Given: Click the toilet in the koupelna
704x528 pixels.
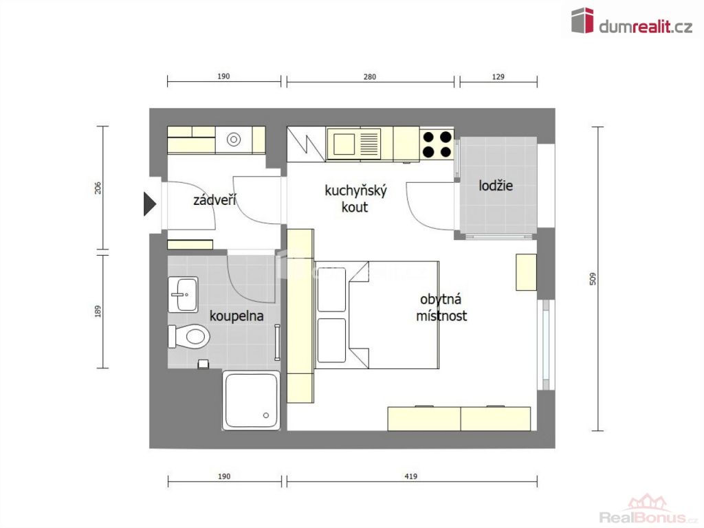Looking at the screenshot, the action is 190,336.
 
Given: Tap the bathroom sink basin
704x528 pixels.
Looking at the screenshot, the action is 183,294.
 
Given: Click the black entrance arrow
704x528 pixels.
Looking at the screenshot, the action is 149,203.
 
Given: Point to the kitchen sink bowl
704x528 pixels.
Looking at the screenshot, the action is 344,144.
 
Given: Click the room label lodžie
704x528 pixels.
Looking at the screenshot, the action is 496,186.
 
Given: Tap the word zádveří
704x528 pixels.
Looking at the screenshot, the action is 214,200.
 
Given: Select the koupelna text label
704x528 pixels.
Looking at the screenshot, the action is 236,316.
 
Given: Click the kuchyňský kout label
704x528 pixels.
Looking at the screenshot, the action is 355,199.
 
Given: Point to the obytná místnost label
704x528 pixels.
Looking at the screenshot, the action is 441,307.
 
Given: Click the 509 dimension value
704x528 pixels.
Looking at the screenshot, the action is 593,279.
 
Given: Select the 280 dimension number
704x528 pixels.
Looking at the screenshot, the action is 369,77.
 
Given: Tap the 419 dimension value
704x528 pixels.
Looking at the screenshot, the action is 411,476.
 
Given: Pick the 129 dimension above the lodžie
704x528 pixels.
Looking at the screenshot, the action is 498,77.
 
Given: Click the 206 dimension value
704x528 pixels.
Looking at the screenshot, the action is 98,188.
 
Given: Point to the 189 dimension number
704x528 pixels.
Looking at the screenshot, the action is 98,311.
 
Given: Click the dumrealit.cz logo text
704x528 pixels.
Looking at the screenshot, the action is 646,27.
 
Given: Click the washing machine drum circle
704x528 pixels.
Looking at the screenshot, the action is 234,140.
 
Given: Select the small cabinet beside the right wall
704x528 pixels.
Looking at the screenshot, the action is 526,272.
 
